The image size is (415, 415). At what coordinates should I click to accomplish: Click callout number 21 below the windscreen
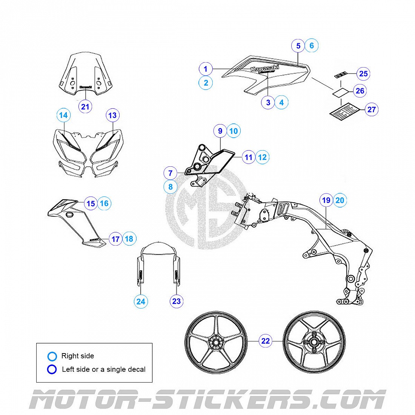click(85, 107)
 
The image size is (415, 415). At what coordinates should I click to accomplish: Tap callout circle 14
click(63, 115)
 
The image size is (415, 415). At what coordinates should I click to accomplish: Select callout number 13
click(112, 115)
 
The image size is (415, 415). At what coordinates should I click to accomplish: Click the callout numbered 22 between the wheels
click(266, 341)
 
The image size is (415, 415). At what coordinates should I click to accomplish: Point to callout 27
click(371, 109)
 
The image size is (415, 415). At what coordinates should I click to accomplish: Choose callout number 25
click(363, 74)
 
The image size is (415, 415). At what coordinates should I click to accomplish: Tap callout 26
click(360, 91)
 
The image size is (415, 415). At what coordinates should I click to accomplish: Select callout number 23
click(176, 301)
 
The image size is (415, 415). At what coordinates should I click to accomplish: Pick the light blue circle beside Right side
click(52, 356)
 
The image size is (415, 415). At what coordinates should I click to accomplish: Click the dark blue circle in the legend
click(52, 369)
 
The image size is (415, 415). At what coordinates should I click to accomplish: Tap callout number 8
click(171, 186)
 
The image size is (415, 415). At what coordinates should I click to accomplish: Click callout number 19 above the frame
click(326, 200)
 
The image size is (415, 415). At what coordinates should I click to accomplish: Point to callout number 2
click(206, 83)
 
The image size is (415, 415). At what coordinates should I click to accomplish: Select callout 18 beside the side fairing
click(129, 239)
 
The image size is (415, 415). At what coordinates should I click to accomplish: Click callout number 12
click(263, 157)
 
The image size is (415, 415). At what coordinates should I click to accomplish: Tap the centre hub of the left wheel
click(216, 343)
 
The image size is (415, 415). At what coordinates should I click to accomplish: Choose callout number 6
click(312, 46)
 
